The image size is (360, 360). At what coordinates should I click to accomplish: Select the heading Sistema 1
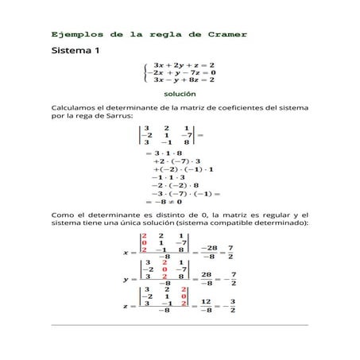(x=76, y=52)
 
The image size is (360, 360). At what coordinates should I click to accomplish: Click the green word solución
(x=180, y=94)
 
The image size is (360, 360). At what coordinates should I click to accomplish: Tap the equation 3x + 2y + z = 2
(x=184, y=65)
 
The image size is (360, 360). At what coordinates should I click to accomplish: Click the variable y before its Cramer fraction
(x=126, y=280)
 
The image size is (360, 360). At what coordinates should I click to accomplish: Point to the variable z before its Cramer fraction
(x=126, y=306)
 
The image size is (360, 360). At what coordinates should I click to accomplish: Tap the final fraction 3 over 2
(x=231, y=306)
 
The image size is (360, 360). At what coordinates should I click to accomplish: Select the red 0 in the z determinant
(x=184, y=296)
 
